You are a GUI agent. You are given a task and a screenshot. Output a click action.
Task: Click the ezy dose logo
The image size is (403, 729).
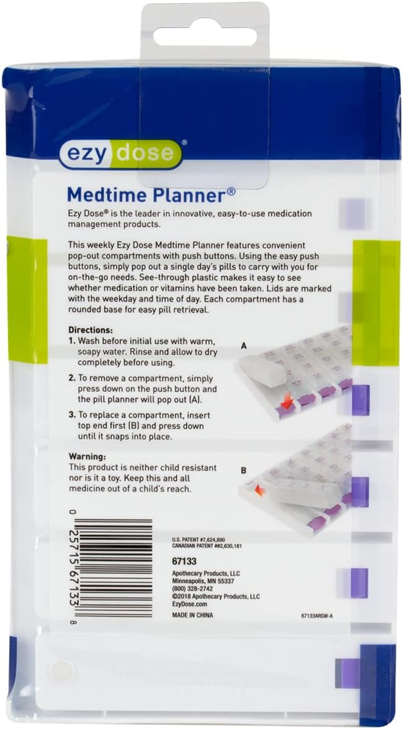point(120,154)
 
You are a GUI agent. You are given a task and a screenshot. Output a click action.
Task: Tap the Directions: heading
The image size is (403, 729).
point(91,330)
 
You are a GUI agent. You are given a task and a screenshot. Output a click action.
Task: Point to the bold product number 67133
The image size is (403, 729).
point(183,561)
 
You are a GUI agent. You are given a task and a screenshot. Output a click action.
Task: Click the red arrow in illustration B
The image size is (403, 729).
point(259,489)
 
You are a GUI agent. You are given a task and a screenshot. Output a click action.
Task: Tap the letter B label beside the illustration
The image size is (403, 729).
point(244,471)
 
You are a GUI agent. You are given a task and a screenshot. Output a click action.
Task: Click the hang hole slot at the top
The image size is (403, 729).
point(205,38)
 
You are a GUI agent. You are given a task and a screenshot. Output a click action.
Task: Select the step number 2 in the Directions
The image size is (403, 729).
point(71,378)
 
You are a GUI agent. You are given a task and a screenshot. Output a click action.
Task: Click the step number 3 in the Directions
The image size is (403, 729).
point(71,415)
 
